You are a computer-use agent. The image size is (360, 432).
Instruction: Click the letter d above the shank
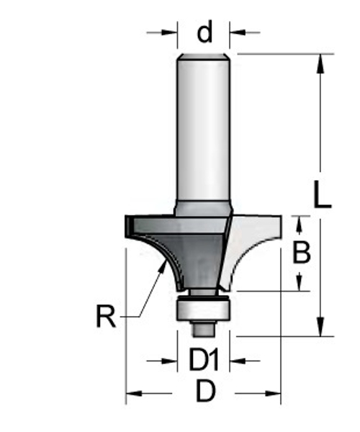tap(205, 32)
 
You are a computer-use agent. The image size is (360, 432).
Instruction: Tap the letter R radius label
tap(107, 316)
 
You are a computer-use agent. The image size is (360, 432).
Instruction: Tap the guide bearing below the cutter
tap(204, 308)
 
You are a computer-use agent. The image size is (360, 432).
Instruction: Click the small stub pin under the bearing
tap(204, 328)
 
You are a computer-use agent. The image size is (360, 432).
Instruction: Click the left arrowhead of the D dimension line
tap(134, 393)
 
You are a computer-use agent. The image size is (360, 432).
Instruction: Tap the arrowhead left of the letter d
tap(170, 32)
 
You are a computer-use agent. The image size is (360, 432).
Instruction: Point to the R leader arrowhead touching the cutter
tap(162, 266)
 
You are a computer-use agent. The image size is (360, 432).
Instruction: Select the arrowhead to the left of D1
tap(170, 360)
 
